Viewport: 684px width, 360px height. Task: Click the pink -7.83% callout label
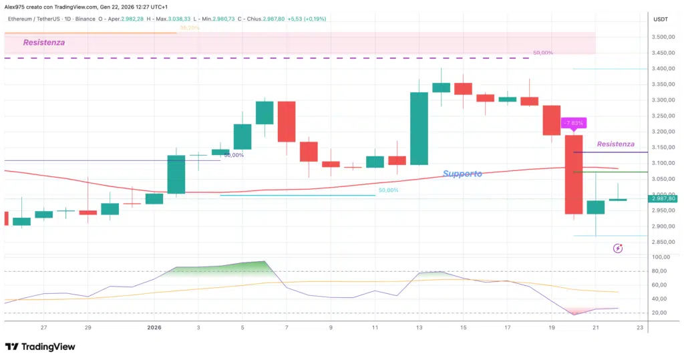tap(573, 123)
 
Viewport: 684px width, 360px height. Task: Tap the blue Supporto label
tap(462, 174)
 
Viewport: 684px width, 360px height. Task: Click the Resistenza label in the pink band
tap(44, 43)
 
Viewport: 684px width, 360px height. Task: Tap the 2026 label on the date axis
tap(154, 327)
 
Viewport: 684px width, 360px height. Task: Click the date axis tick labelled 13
tap(419, 327)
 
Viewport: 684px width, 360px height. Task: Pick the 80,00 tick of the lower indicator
tap(660, 271)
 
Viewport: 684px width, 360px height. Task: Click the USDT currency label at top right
tap(660, 19)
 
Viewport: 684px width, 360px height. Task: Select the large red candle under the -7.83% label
tap(573, 174)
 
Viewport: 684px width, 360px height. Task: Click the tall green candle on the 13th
tap(419, 128)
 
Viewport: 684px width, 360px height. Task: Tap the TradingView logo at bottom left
tap(40, 347)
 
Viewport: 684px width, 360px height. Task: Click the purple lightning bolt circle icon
tap(618, 248)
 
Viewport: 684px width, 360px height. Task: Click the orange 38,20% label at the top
tap(190, 28)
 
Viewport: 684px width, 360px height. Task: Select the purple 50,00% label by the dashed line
tap(542, 52)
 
